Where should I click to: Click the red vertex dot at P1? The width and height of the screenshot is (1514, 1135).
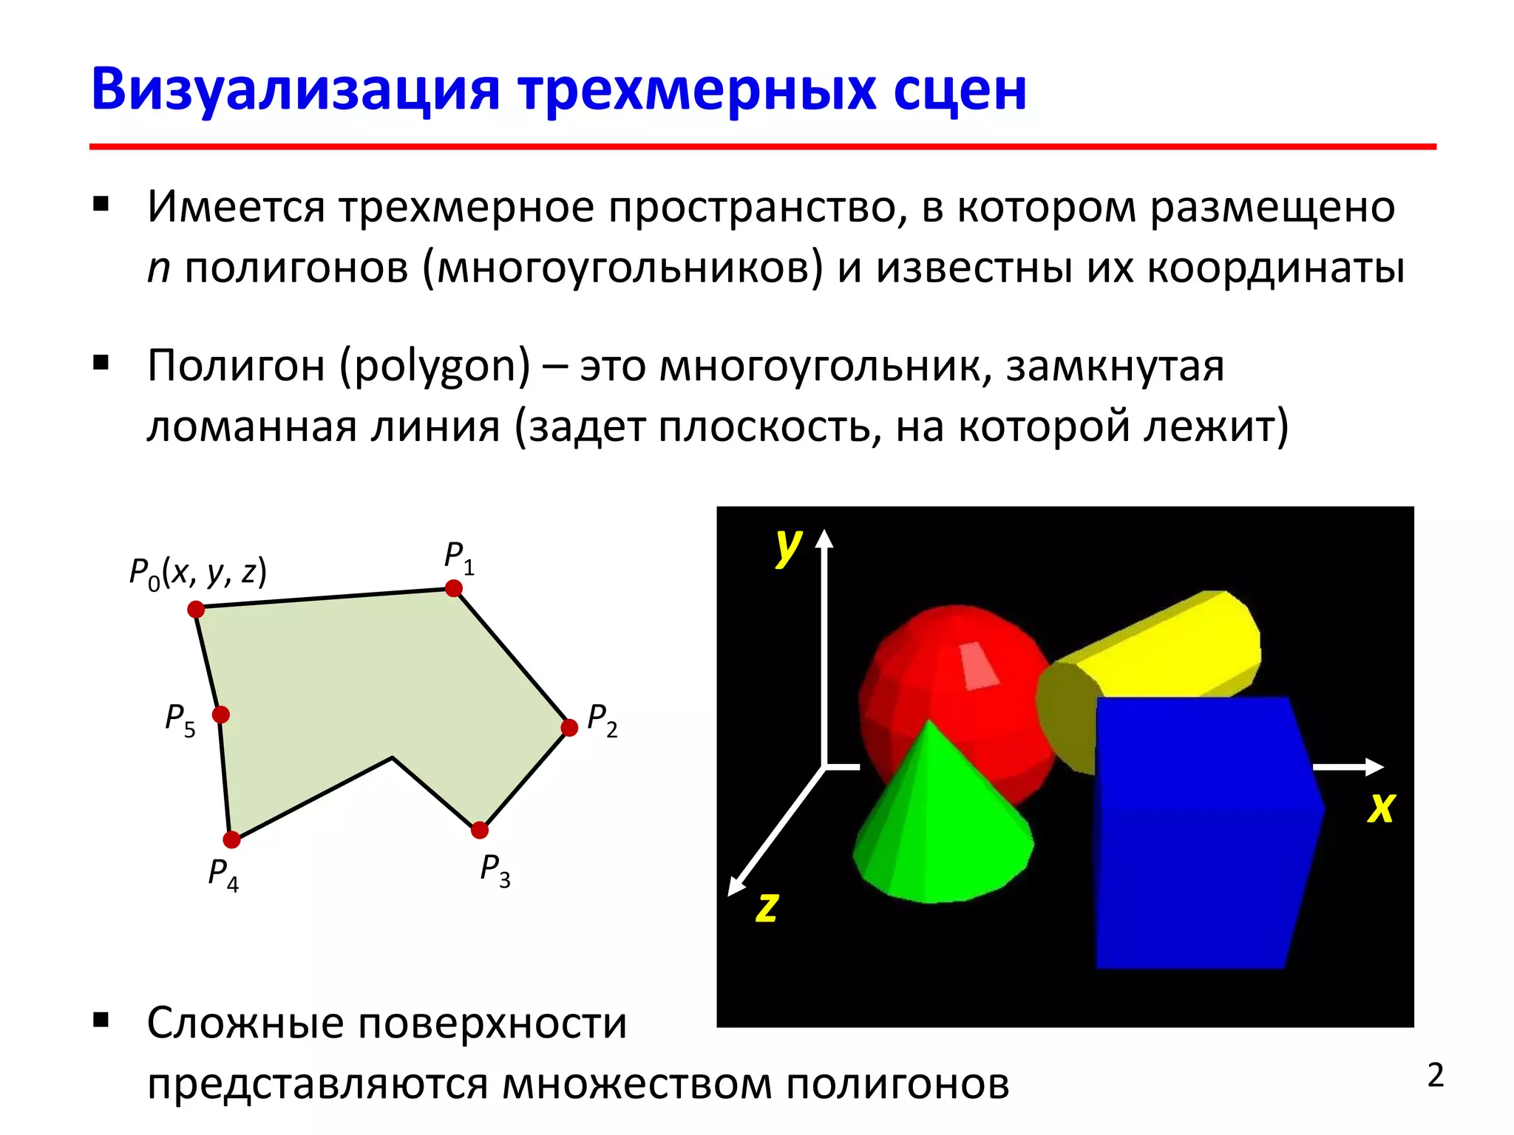pos(454,588)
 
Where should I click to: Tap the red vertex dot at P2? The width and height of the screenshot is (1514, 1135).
pos(569,728)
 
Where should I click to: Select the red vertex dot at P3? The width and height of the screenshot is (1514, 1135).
pos(480,830)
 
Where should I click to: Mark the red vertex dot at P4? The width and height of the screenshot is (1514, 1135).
pos(231,839)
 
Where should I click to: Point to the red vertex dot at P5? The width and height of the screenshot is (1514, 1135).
pos(220,715)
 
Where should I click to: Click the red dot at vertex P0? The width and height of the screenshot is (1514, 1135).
pos(196,609)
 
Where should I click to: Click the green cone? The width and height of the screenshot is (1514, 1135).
pos(939,828)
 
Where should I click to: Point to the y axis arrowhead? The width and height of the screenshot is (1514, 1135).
pos(824,537)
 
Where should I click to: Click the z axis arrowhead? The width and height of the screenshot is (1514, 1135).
pos(736,886)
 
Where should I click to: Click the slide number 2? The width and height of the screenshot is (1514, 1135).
pos(1435,1076)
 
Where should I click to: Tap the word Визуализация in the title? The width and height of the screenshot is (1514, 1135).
pos(296,90)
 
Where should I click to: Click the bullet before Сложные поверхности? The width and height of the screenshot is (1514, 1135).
pos(101,1021)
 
